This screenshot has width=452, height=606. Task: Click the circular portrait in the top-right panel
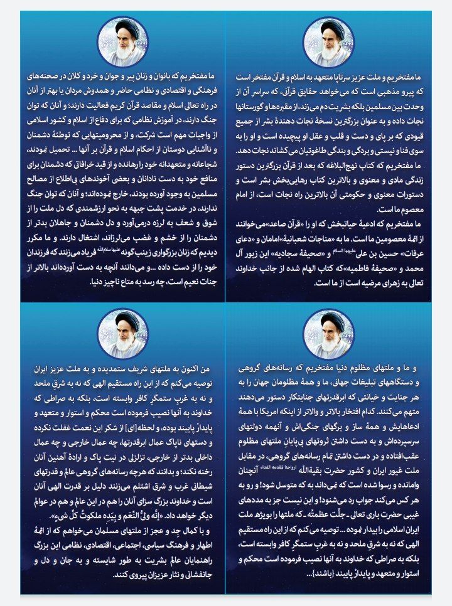[329, 40]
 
